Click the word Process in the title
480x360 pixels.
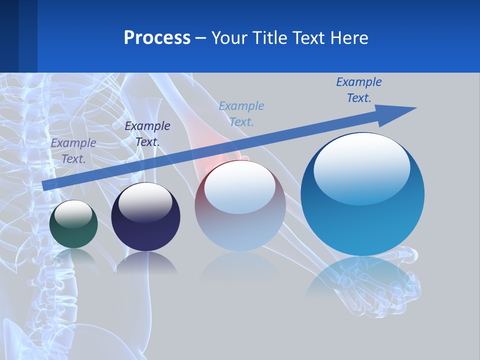point(157,38)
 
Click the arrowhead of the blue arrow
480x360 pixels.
point(400,112)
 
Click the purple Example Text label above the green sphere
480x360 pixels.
point(73,151)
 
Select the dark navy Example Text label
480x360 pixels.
point(147,134)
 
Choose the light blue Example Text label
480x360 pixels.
point(241,114)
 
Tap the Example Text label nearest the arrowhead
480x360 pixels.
point(359,90)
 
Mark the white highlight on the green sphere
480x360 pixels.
point(73,214)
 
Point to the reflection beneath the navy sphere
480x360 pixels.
point(146,263)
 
